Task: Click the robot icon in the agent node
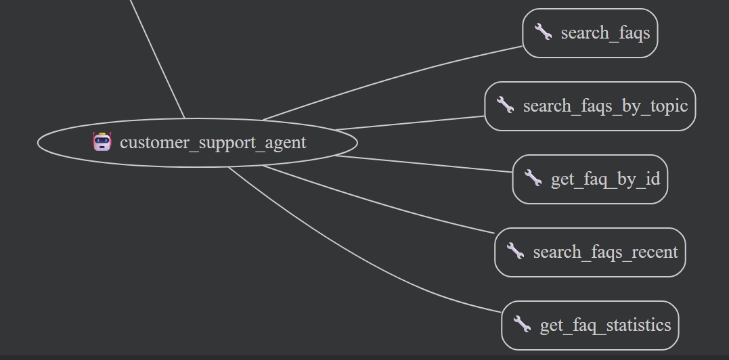tap(102, 142)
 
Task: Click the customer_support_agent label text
tap(213, 143)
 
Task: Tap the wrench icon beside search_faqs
tap(543, 32)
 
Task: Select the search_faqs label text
tap(605, 32)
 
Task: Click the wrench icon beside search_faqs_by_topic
tap(505, 105)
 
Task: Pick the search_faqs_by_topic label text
tap(605, 106)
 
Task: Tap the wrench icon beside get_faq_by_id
tap(533, 178)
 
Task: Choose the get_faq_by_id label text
tap(605, 179)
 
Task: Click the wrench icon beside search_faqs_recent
tap(515, 251)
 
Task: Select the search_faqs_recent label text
tap(605, 252)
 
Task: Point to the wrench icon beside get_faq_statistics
tap(522, 324)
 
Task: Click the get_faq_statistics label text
tap(605, 325)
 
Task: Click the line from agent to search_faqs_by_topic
tap(410, 122)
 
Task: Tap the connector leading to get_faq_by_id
tap(423, 164)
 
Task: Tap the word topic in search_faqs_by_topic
tap(669, 106)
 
